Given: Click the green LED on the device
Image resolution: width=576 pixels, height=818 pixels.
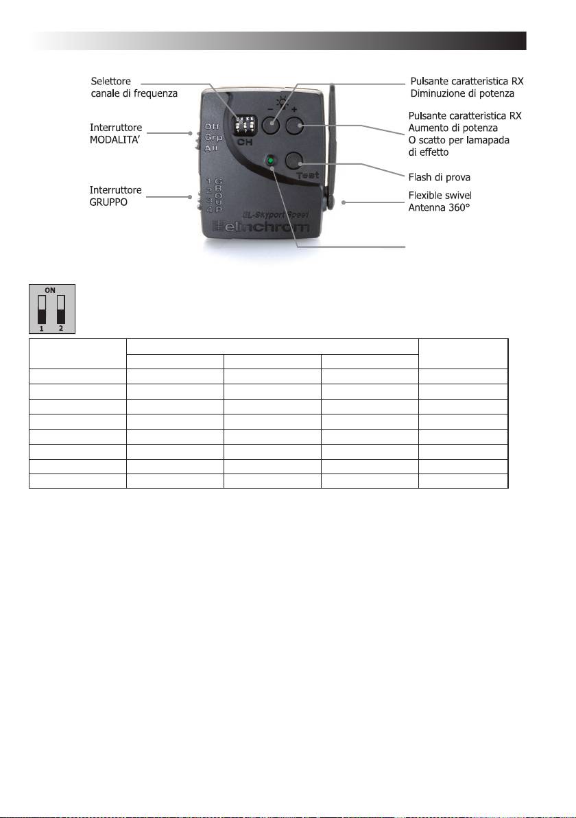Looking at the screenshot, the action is point(272,161).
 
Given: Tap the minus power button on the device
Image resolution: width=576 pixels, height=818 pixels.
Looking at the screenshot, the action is point(272,124).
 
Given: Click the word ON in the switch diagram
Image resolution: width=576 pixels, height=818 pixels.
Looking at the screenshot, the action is point(51,290).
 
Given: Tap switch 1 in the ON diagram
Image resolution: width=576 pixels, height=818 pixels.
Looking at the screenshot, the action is point(43,309).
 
